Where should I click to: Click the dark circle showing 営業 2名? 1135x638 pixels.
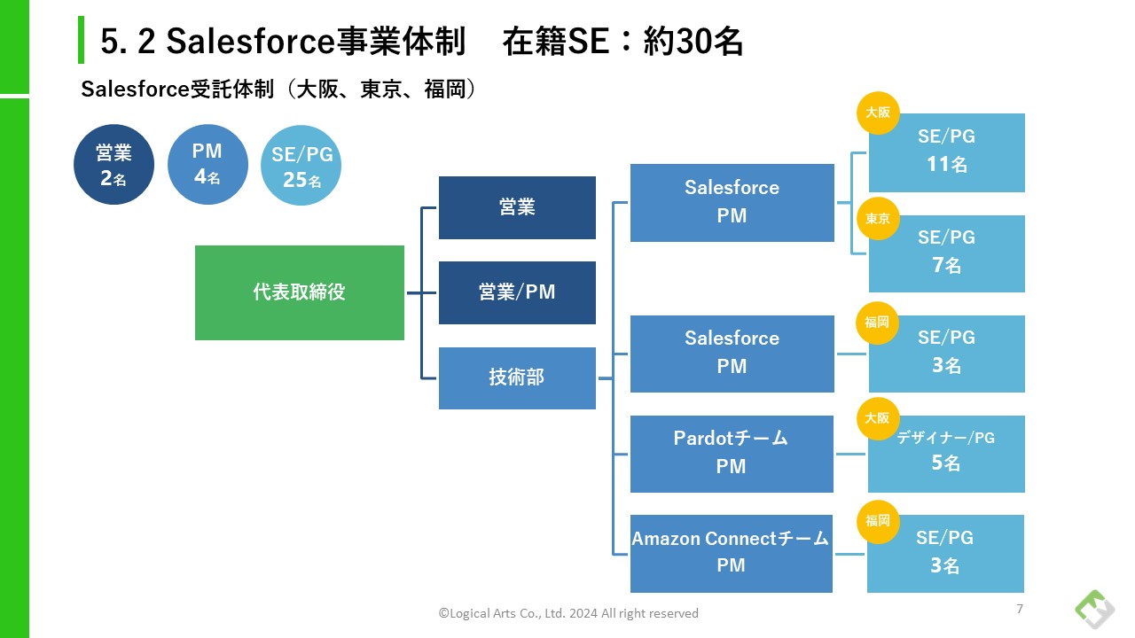tap(114, 165)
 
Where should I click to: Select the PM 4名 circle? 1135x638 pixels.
tap(207, 165)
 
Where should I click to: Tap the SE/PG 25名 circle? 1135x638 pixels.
tap(301, 166)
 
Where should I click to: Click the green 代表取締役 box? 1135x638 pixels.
tap(300, 292)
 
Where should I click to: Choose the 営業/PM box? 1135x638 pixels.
tap(517, 292)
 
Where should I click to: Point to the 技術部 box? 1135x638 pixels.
tap(517, 378)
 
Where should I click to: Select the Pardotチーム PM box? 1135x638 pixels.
tap(732, 454)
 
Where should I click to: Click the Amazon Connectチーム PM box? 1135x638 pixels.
tap(732, 554)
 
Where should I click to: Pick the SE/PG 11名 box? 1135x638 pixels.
tap(947, 152)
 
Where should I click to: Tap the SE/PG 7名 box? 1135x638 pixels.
tap(947, 253)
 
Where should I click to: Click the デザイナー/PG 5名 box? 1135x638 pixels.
tap(946, 454)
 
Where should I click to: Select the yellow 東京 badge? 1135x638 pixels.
tap(878, 218)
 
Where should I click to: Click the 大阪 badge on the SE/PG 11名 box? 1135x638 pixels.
tap(878, 113)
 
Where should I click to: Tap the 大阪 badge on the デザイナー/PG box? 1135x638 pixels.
tap(878, 418)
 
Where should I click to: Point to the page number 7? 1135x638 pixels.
tap(1020, 609)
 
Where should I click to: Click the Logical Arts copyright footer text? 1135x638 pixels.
tap(568, 614)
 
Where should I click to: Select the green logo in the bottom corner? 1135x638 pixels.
tap(1094, 610)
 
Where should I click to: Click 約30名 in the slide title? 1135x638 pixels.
tap(693, 42)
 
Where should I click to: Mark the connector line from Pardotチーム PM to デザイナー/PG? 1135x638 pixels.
tap(850, 454)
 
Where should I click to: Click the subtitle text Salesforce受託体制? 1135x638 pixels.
tap(177, 89)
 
